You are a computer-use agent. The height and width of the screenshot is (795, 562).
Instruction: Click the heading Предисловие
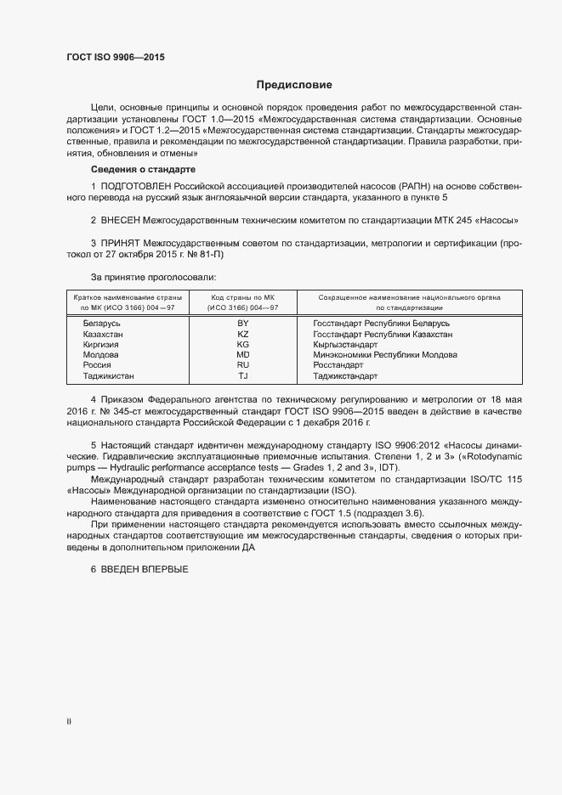pos(294,85)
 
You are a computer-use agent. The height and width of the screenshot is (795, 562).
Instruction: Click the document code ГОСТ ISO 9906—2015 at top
pos(116,58)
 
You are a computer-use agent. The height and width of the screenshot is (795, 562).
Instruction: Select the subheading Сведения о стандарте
pos(142,170)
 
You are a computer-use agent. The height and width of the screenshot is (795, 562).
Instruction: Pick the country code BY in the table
pos(242,324)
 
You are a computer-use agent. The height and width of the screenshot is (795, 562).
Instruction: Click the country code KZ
pos(242,335)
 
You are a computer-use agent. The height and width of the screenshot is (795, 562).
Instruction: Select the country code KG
pos(242,345)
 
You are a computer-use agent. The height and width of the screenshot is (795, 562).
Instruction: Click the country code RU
pos(242,365)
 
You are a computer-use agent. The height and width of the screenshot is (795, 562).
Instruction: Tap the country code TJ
pos(242,375)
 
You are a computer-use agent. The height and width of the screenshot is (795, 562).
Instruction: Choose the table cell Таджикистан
pos(109,375)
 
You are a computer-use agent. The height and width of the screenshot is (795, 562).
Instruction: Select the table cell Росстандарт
pos(338,365)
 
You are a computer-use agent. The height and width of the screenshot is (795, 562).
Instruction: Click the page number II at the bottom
pos(69,722)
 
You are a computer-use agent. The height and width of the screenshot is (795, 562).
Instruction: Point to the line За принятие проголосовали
pos(153,277)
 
